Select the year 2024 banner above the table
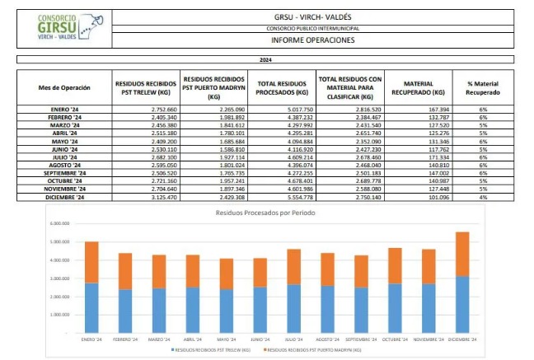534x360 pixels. click(x=265, y=60)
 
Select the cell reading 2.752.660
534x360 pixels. click(x=149, y=110)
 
